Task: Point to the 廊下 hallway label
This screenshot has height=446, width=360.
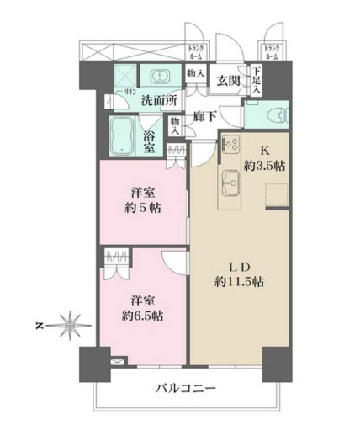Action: pos(205,118)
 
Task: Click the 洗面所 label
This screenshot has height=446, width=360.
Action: pos(158,100)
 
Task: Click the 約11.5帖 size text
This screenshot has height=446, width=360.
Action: pos(238,282)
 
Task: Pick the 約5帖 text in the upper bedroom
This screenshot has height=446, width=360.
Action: pos(140,209)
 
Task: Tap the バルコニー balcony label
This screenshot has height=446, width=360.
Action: pos(186,389)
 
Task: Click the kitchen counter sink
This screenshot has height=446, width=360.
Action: pos(230,179)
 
